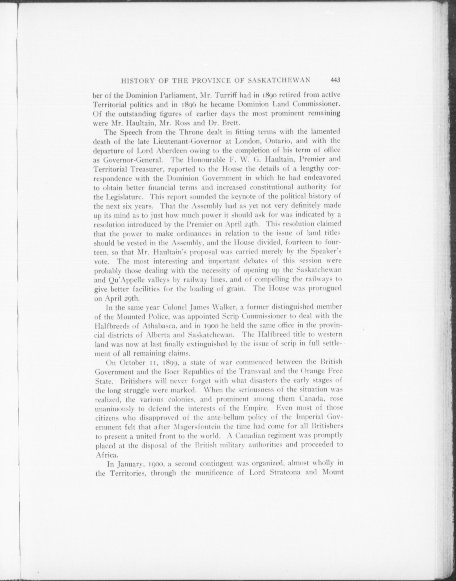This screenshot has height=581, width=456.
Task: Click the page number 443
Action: coord(335,80)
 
